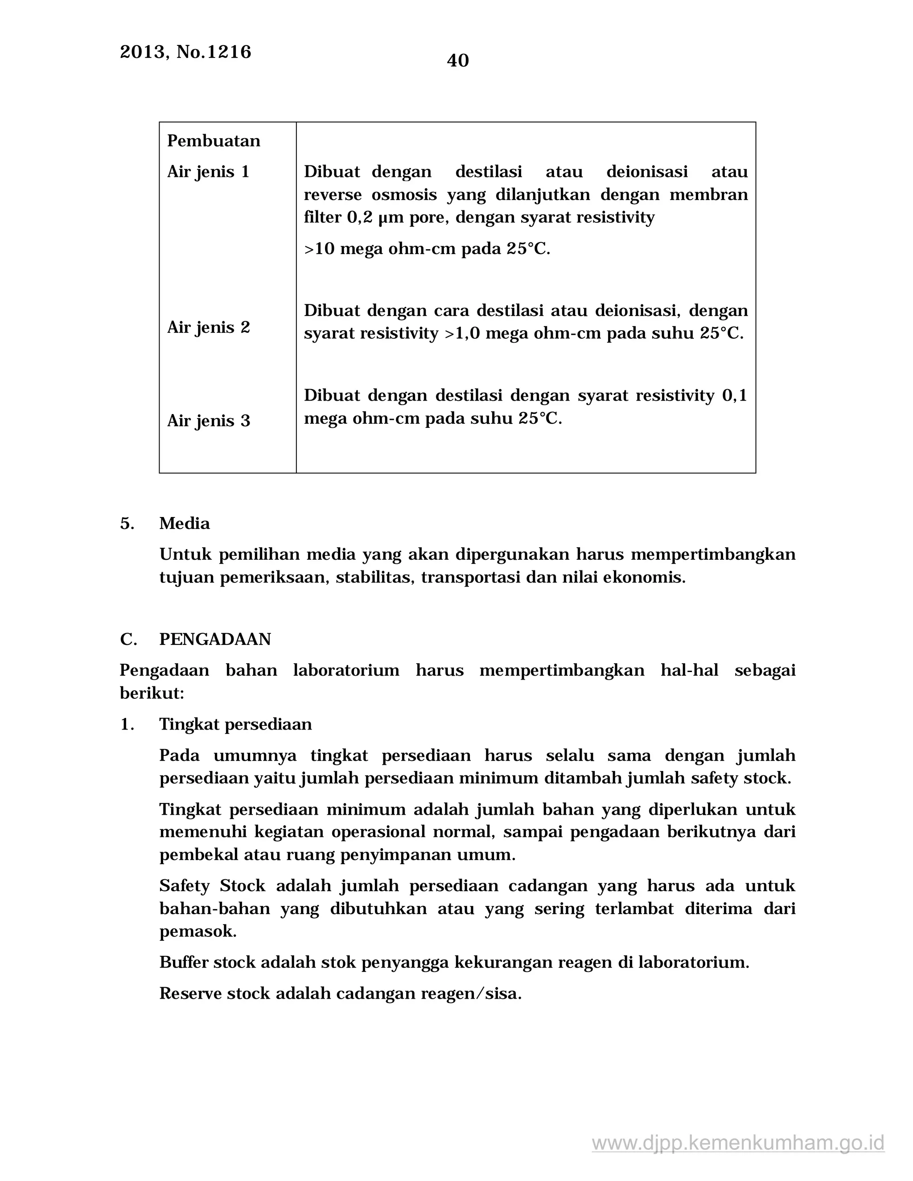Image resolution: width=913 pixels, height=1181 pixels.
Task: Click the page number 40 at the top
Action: coord(457,60)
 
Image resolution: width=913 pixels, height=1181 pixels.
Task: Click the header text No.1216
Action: coord(214,52)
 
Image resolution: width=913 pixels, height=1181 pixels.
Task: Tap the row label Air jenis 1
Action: coord(208,172)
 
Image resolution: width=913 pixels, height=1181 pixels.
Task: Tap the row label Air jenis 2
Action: coord(208,327)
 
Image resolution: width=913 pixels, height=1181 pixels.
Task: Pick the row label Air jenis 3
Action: coord(208,421)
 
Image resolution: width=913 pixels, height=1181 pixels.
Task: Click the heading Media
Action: coord(185,524)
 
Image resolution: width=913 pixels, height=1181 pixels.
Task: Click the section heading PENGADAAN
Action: coord(215,639)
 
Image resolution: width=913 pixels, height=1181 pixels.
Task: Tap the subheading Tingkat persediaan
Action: coord(235,725)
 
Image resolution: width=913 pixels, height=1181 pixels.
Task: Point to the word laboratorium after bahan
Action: coord(346,671)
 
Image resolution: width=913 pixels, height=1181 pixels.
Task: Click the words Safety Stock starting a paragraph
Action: coord(212,886)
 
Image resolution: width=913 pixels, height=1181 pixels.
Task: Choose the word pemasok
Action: coord(197,931)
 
